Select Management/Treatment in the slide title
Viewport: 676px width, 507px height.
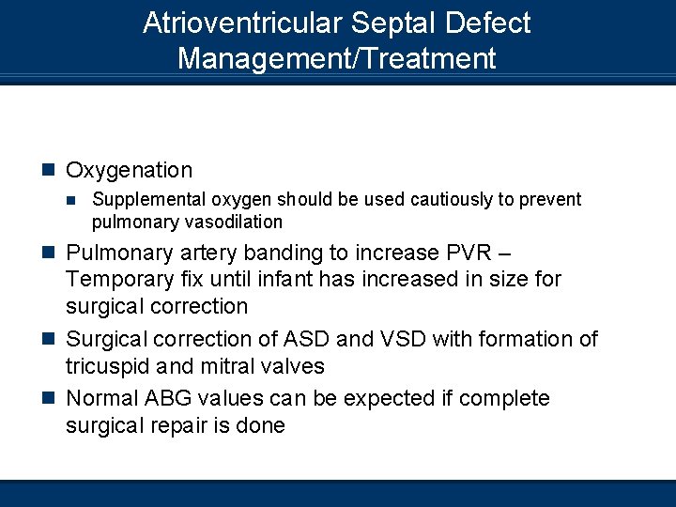coord(336,59)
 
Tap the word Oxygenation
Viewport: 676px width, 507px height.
coord(129,170)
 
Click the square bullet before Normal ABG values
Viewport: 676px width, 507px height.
coord(49,399)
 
